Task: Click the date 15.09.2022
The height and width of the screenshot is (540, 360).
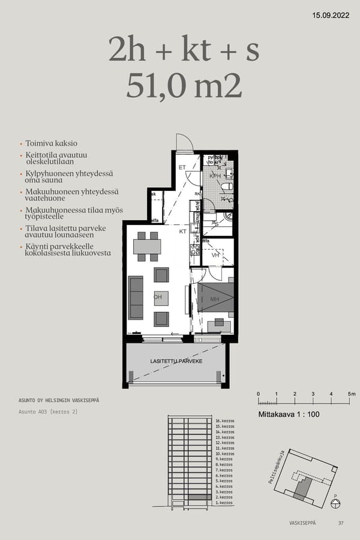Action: (331, 16)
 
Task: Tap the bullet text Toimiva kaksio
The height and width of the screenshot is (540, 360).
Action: (51, 143)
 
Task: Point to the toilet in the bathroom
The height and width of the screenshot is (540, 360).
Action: (226, 188)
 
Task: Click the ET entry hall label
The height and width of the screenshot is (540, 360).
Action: (182, 168)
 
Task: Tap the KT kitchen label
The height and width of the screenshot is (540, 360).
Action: (182, 231)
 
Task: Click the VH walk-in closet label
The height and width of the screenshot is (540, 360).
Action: (215, 255)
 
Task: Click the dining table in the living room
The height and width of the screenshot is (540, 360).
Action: (147, 247)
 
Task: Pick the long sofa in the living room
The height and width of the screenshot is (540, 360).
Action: (136, 298)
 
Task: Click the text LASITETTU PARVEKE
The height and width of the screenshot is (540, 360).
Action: (176, 361)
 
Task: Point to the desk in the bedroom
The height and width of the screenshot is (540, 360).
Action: (220, 326)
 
